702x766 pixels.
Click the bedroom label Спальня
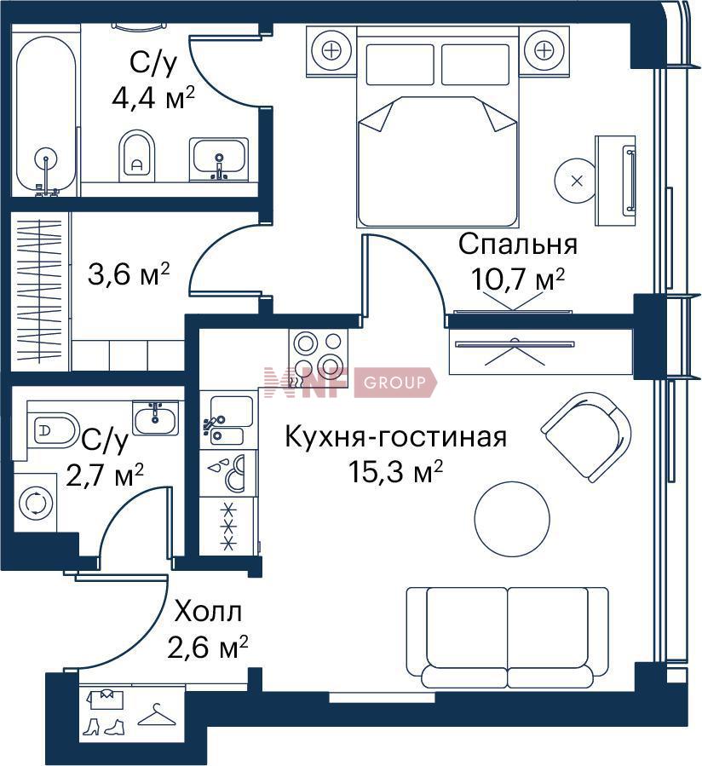(518, 245)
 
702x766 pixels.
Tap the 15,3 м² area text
(395, 472)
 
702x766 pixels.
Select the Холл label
(209, 612)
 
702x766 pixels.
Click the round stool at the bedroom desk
(577, 181)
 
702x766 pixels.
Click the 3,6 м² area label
(129, 274)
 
